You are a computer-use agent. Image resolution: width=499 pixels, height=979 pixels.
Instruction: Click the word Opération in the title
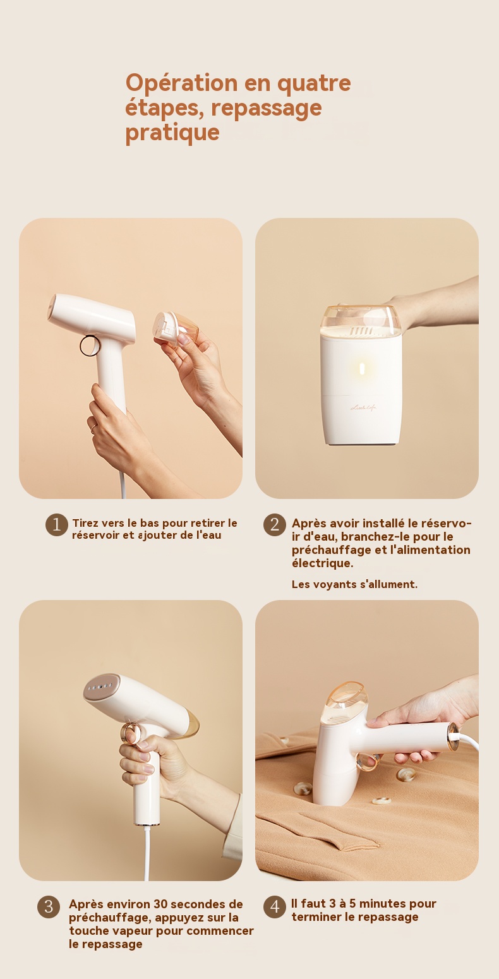pyautogui.click(x=181, y=83)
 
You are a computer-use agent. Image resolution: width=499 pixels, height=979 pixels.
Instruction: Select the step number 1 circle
pyautogui.click(x=57, y=524)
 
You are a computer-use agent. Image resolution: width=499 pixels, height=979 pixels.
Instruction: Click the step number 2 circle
pyautogui.click(x=275, y=524)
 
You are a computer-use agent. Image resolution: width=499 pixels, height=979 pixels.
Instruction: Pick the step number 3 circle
pyautogui.click(x=49, y=906)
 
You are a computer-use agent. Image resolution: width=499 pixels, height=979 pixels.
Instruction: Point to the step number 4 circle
pyautogui.click(x=275, y=906)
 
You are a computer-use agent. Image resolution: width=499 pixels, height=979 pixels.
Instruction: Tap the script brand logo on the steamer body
pyautogui.click(x=363, y=408)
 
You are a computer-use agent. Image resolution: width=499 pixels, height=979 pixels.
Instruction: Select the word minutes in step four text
pyautogui.click(x=382, y=904)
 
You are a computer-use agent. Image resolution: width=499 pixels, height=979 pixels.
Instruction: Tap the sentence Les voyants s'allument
pyautogui.click(x=354, y=584)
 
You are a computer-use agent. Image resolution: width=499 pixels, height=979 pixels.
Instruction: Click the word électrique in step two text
pyautogui.click(x=323, y=563)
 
